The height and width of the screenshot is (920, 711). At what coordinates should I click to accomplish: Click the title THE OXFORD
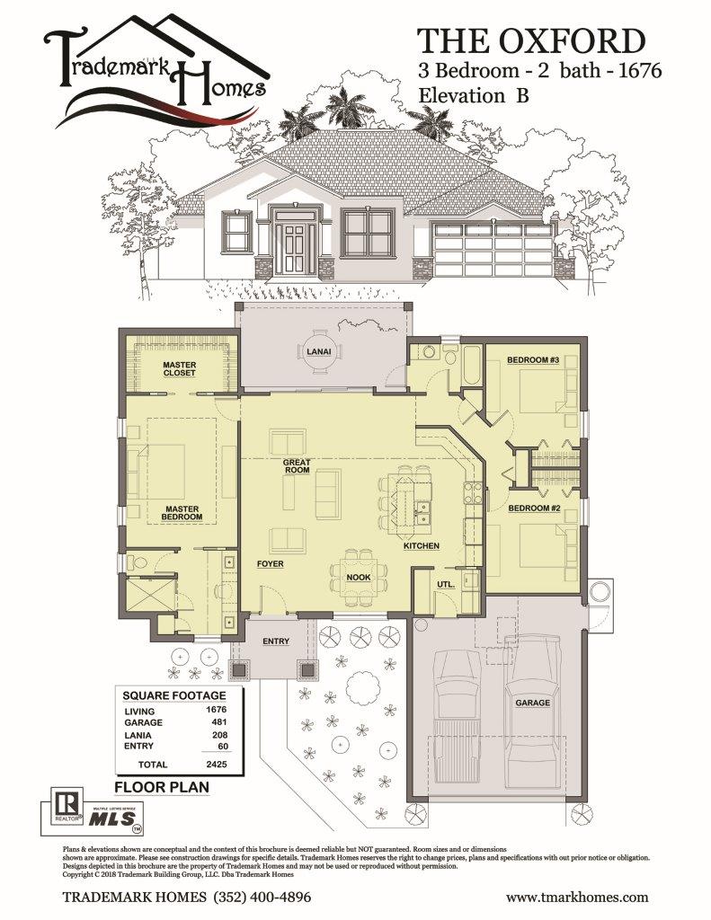pos(530,41)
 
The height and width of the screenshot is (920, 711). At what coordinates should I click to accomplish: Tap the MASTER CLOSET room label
pos(179,368)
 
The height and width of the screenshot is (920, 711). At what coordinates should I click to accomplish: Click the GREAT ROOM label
pos(298,466)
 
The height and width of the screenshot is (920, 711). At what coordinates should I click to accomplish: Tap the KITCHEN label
pos(421,545)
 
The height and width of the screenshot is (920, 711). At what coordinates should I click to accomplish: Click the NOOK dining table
pos(358,578)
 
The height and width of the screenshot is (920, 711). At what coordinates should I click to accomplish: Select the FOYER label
pos(270,564)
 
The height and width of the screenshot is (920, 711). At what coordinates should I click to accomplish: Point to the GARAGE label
pos(532,703)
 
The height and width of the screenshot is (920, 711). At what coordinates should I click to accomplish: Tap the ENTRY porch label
pos(276,641)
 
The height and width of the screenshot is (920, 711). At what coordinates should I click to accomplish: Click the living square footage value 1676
pos(216,710)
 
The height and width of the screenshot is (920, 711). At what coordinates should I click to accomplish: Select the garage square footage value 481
pos(219,721)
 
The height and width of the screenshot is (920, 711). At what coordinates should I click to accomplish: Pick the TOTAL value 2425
pos(216,764)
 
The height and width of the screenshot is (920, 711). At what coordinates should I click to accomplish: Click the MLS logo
pos(112,818)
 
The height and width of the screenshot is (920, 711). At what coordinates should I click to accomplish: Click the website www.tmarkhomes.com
pos(577,898)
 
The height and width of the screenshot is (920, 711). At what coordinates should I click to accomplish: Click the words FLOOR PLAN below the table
pos(162,787)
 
